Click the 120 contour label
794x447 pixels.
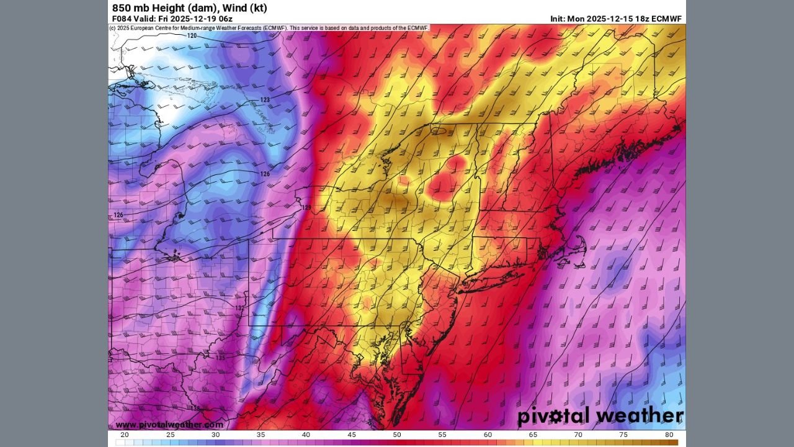pyautogui.click(x=192, y=36)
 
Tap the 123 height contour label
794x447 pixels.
pyautogui.click(x=265, y=100)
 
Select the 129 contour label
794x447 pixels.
pyautogui.click(x=306, y=207)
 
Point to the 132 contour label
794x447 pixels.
pyautogui.click(x=240, y=308)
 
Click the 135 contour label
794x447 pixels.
pyautogui.click(x=220, y=358)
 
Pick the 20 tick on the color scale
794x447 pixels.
pyautogui.click(x=125, y=435)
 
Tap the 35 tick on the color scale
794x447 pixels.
pyautogui.click(x=261, y=435)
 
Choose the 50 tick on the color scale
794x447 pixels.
pyautogui.click(x=397, y=435)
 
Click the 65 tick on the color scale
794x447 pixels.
pyautogui.click(x=533, y=435)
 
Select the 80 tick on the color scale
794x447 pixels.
pyautogui.click(x=669, y=435)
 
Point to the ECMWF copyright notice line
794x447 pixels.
pyautogui.click(x=269, y=28)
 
